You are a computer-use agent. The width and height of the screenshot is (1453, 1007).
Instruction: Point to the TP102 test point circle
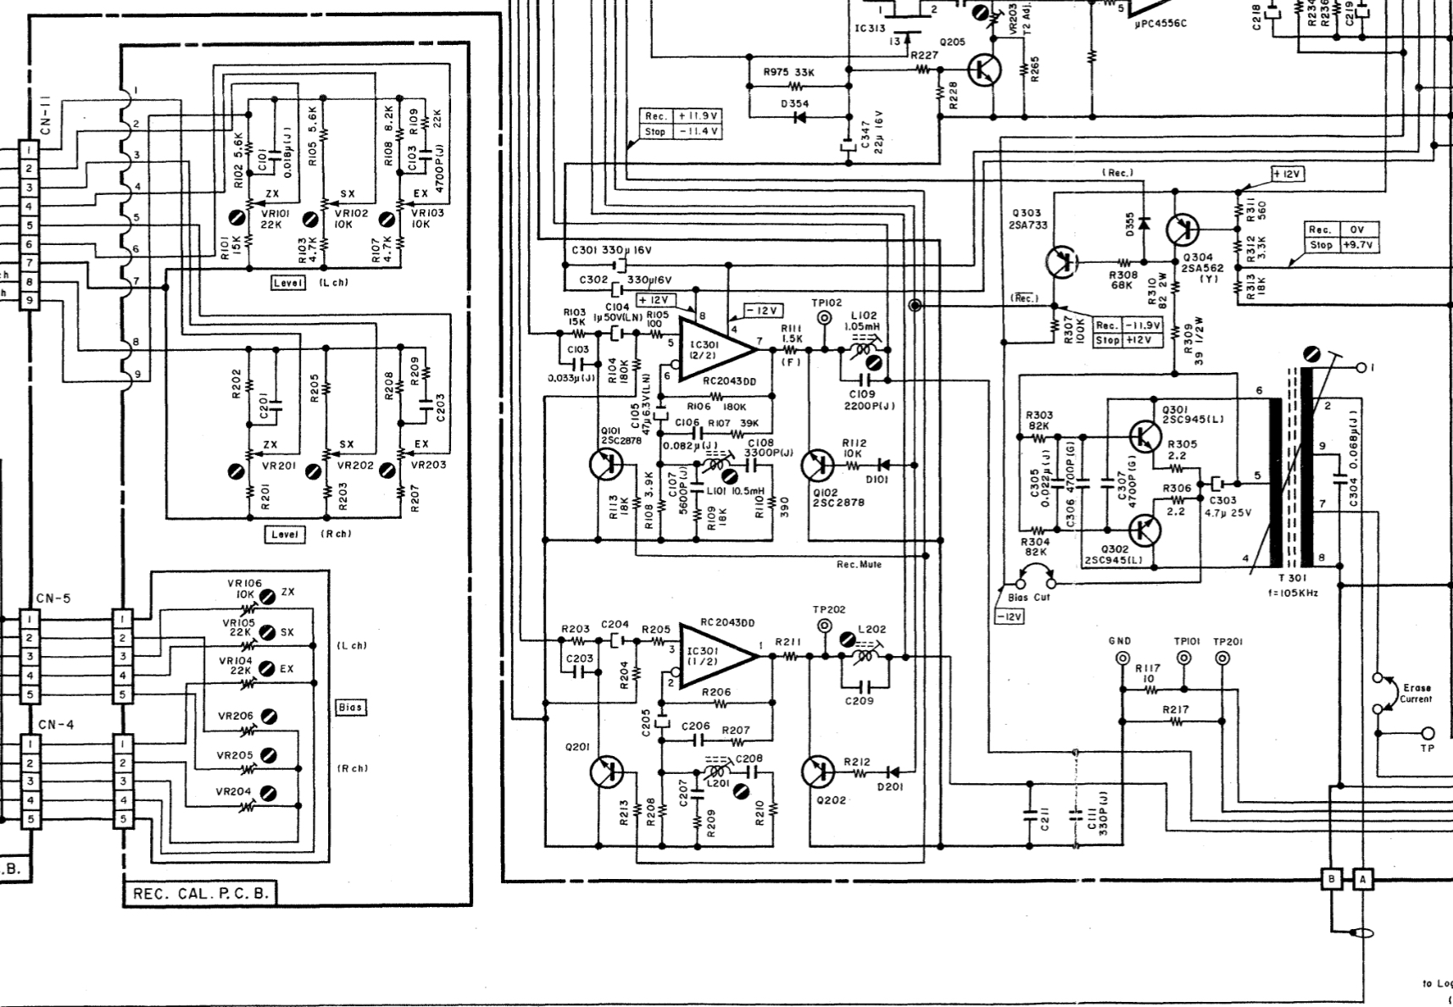pos(824,319)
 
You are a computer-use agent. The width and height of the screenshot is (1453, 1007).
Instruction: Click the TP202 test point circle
pos(824,626)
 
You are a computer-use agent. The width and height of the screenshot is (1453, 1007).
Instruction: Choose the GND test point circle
pos(1122,659)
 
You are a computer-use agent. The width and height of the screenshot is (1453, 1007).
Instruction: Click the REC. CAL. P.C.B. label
pos(200,893)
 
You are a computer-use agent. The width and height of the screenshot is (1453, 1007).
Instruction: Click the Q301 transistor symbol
pos(1144,436)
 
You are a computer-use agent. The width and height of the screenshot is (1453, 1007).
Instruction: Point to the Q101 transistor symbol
pos(606,465)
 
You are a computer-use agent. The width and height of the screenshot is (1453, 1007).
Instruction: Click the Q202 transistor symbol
pos(817,771)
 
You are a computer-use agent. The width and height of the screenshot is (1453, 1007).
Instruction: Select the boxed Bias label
pos(350,707)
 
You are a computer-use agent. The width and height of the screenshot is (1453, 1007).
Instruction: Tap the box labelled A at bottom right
pos(1362,879)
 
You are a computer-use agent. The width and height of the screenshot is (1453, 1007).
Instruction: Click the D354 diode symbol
pos(799,117)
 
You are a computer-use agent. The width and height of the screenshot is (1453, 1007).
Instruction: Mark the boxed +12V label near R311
pos(1287,174)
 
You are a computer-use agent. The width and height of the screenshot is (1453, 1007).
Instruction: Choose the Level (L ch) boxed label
pos(287,283)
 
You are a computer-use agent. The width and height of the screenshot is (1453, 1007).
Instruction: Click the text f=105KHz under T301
pos(1292,593)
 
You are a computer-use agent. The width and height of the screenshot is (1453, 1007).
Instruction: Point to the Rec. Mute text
pos(859,565)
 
